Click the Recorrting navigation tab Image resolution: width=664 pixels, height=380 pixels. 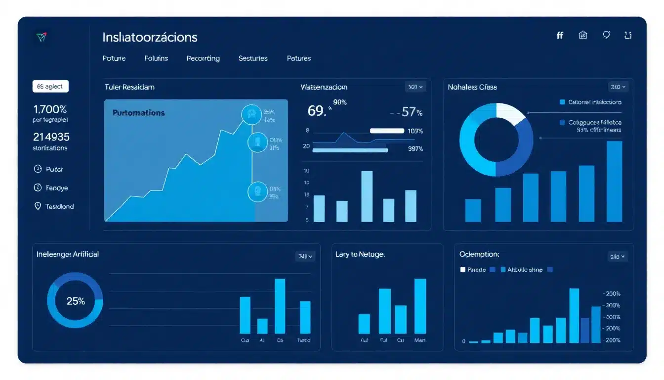point(203,58)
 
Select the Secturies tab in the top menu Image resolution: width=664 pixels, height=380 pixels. point(253,58)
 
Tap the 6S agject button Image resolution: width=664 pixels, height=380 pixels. point(50,86)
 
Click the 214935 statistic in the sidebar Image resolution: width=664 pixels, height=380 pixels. point(51,137)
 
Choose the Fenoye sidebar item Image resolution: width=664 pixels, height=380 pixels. point(56,188)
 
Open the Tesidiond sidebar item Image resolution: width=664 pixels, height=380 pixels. point(59,206)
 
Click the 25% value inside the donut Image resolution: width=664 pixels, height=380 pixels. point(76,301)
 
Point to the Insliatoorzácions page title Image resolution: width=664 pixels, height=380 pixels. point(150,37)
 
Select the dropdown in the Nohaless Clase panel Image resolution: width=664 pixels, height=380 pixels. point(618,87)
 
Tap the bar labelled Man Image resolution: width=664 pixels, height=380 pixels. point(420,306)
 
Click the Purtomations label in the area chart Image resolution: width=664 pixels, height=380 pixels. point(138,113)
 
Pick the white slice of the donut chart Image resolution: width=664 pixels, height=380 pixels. point(509,113)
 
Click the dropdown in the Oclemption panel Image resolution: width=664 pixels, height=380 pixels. point(618,257)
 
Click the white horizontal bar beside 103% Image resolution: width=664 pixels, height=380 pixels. point(387,131)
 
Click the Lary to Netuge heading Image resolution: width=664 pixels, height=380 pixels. point(360,254)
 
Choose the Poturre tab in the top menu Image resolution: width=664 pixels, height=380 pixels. point(114,58)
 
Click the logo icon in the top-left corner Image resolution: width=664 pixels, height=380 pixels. point(41,37)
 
